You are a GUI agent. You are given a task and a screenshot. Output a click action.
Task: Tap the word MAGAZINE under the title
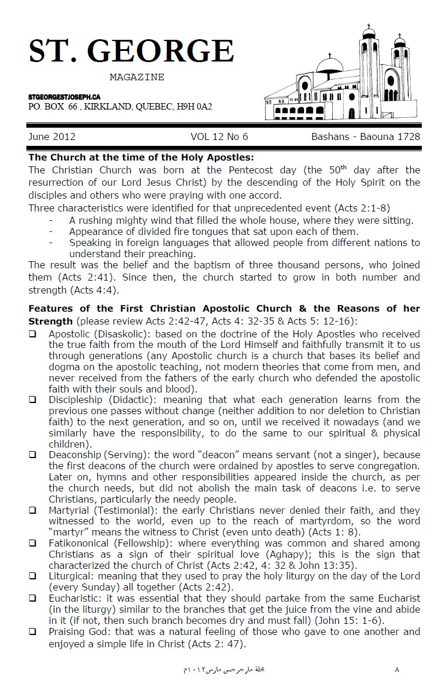coord(137,77)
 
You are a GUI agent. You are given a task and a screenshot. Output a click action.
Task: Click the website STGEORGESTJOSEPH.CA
coord(64,97)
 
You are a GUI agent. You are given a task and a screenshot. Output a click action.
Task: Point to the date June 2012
coord(52,137)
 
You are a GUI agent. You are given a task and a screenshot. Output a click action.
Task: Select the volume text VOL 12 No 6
coord(219,137)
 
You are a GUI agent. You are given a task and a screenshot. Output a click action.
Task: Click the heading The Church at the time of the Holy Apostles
coord(141,157)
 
